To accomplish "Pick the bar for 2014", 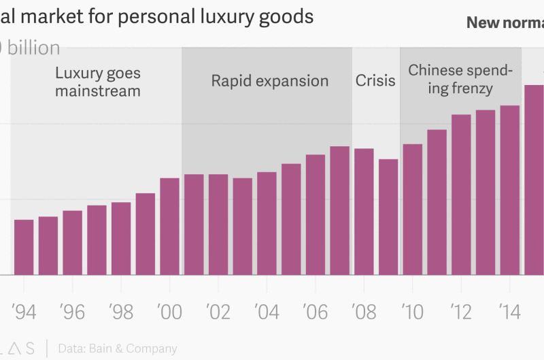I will click(510, 190).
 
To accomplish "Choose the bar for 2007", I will click(340, 210).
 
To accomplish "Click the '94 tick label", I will click(24, 312).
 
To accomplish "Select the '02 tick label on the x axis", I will click(218, 312).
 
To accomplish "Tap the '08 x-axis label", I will click(364, 312).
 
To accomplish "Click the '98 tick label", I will click(121, 312).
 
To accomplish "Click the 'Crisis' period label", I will click(375, 81).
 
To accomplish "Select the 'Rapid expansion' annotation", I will click(269, 81).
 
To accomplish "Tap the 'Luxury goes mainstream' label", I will click(98, 81).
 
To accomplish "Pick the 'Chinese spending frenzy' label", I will click(460, 79).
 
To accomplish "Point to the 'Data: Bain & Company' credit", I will click(118, 348).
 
